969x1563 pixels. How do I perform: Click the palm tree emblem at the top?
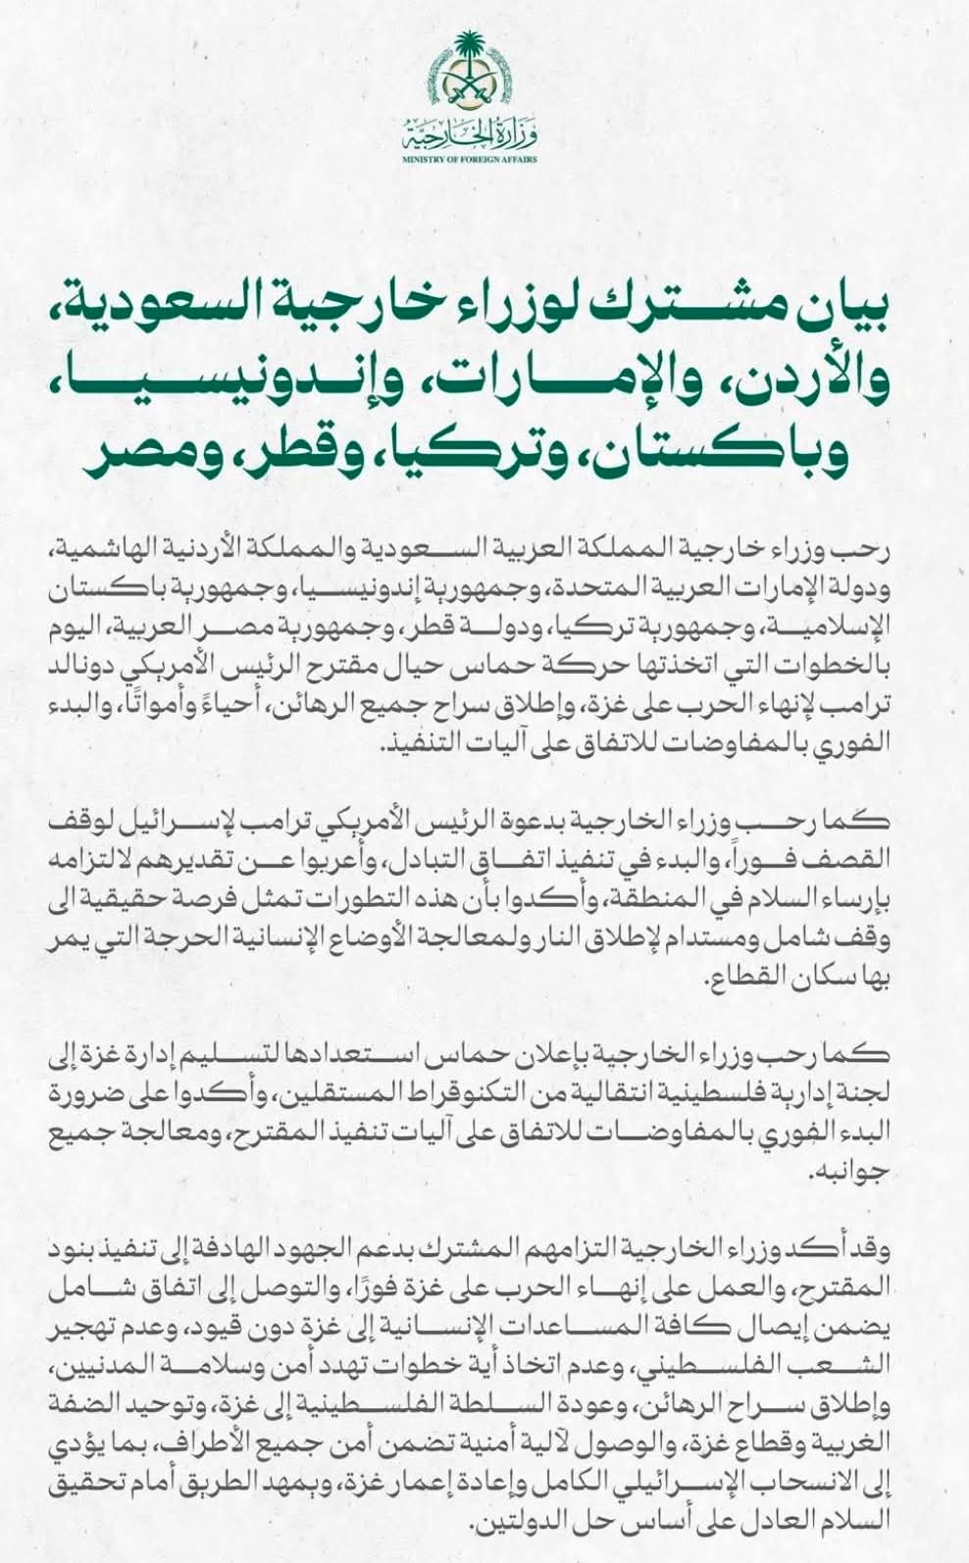(x=484, y=74)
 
